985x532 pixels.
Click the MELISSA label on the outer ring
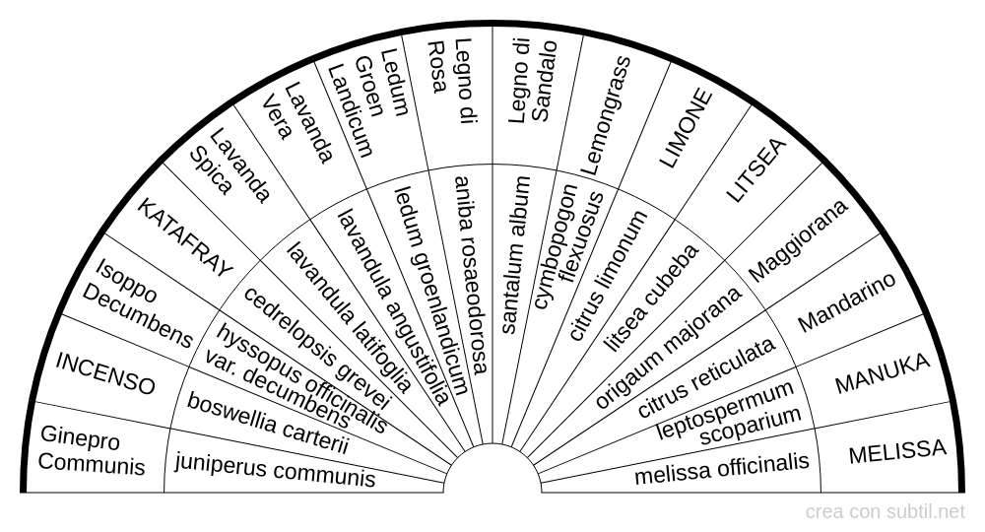click(897, 451)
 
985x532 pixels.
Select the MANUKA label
click(882, 373)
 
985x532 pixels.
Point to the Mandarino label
click(847, 302)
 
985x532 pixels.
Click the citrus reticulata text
click(706, 377)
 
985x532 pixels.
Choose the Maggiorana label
click(798, 240)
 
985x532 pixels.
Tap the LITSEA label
click(755, 169)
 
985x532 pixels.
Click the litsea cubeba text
click(651, 298)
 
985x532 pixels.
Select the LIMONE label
click(686, 129)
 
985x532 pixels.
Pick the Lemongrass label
click(605, 116)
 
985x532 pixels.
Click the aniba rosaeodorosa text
click(471, 275)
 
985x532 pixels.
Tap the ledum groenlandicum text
click(431, 291)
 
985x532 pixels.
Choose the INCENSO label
click(105, 373)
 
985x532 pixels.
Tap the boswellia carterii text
click(268, 424)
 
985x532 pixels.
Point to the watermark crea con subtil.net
click(885, 512)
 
